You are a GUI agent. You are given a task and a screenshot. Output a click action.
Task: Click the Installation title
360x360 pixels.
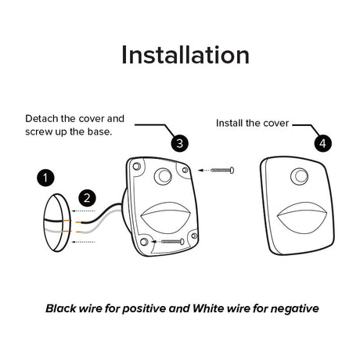tap(185, 55)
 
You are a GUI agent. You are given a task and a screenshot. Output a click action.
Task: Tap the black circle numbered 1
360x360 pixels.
tap(45, 178)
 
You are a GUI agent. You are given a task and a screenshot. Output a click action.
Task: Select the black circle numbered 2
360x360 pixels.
tap(87, 198)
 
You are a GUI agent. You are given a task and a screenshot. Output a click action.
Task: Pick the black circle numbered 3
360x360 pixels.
tap(180, 143)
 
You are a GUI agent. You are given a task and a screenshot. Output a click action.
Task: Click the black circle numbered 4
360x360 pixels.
tap(323, 143)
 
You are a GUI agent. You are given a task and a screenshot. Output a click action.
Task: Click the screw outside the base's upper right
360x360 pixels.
tap(222, 171)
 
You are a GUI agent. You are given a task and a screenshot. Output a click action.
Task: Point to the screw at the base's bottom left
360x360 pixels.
tap(173, 242)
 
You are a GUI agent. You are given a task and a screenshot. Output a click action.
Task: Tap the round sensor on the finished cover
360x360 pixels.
tap(300, 176)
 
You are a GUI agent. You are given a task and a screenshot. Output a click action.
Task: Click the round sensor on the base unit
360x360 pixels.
tap(163, 176)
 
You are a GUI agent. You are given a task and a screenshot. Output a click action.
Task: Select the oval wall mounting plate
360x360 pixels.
tap(57, 223)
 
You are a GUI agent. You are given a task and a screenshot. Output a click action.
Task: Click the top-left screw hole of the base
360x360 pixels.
tap(136, 166)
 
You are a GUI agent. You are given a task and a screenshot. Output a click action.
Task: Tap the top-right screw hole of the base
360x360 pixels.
tap(185, 170)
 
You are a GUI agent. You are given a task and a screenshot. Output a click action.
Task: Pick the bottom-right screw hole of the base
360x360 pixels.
tap(194, 236)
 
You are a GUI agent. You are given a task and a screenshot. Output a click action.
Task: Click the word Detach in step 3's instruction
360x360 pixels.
tap(41, 119)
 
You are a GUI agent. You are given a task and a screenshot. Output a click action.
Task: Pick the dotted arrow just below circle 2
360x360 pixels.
tap(84, 211)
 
